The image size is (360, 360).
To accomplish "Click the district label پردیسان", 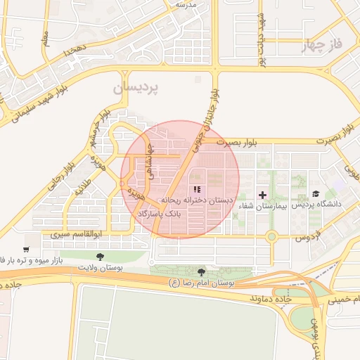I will click(137, 88).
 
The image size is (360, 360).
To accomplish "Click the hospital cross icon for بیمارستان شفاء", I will click(263, 194).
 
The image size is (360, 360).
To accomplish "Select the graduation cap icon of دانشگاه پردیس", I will click(316, 193).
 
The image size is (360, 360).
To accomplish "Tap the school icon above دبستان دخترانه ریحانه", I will click(197, 189).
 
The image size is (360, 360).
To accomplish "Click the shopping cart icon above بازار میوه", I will click(26, 249).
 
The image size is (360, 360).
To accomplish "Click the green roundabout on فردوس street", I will click(271, 237).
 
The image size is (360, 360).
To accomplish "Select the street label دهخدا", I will click(75, 49).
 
